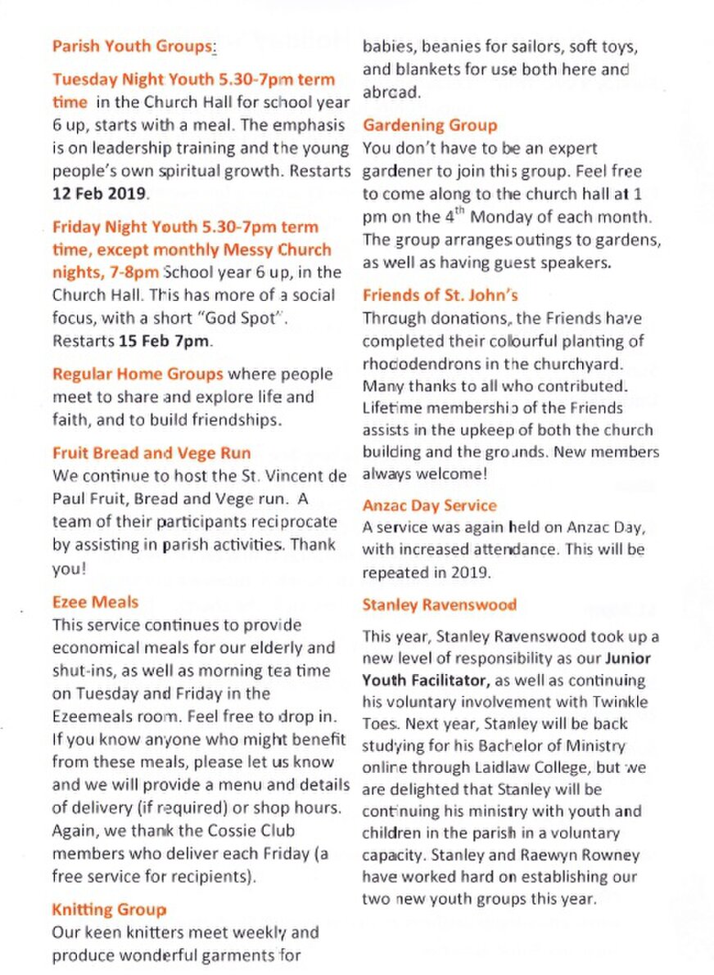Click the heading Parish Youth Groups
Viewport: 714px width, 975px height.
click(x=131, y=47)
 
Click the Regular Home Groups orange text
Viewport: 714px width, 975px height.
click(x=137, y=375)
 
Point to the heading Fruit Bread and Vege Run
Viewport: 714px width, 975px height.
click(x=151, y=453)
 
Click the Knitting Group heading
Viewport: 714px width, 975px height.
click(x=109, y=910)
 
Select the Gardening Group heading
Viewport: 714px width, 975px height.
click(x=429, y=125)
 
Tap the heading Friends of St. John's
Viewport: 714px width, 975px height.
click(x=440, y=295)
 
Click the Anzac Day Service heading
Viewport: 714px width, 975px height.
click(x=429, y=505)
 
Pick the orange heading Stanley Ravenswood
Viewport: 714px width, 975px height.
click(x=439, y=605)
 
